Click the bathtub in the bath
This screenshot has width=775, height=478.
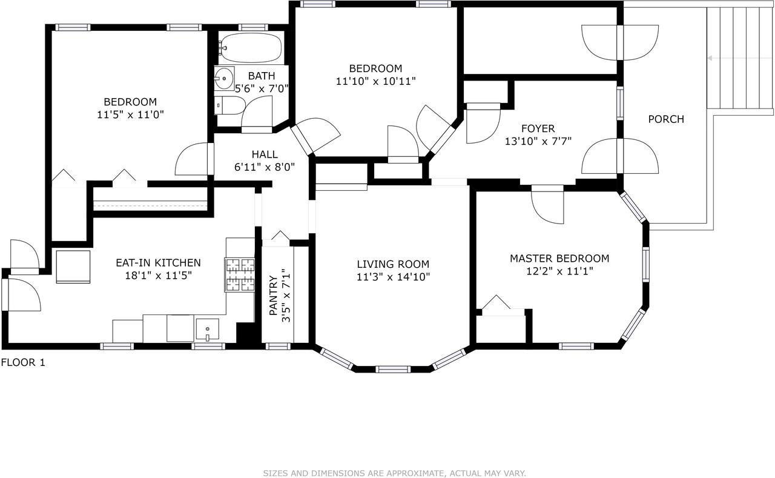tap(251, 48)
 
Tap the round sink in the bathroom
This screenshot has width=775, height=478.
tap(224, 79)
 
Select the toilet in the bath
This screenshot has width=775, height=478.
tap(229, 105)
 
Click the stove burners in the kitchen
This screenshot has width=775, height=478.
tap(240, 275)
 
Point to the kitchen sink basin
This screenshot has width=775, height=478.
tap(207, 329)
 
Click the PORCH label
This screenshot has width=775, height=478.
tap(666, 119)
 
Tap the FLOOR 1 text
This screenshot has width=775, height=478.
tap(23, 362)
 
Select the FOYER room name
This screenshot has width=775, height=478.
tap(538, 128)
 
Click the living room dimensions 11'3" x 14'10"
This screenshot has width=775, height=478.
tap(394, 277)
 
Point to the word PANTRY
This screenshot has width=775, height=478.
tap(273, 295)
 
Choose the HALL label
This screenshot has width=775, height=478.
tap(265, 154)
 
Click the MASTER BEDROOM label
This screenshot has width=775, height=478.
tap(559, 258)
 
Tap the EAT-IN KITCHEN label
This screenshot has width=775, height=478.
tap(158, 263)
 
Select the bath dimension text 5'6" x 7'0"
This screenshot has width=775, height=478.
tap(262, 88)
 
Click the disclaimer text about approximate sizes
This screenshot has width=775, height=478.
tap(394, 473)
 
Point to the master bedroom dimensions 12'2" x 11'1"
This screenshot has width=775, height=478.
tap(560, 271)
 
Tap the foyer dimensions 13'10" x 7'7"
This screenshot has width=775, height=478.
tap(538, 141)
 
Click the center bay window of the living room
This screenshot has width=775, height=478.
tap(393, 370)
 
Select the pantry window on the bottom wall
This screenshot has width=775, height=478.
tap(278, 346)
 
